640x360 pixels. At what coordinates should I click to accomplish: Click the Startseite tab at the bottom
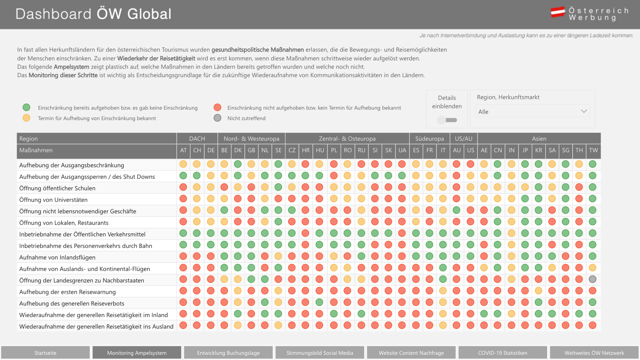45,353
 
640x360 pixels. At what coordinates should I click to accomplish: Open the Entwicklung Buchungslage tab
228,353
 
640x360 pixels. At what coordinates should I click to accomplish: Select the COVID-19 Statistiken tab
503,353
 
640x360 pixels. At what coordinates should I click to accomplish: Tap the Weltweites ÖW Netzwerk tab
594,353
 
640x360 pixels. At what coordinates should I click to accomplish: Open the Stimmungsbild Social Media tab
320,353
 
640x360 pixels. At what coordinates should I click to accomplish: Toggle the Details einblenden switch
447,120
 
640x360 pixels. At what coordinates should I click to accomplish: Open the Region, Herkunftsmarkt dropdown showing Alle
532,111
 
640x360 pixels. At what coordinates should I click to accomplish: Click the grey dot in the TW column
593,279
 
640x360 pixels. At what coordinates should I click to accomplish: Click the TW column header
594,150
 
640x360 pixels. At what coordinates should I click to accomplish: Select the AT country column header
183,150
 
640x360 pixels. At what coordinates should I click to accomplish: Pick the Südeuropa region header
429,139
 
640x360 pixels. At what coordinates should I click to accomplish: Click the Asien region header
539,139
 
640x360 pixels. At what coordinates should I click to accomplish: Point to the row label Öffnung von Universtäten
53,200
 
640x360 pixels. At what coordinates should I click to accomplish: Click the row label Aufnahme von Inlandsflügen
57,257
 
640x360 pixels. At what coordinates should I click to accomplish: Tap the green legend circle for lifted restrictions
27,107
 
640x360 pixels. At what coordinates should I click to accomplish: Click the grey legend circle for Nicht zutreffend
218,118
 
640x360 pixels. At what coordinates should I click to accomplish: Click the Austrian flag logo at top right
558,12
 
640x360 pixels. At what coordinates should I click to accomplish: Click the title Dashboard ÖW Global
94,14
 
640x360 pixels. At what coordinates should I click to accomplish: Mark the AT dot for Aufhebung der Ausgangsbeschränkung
183,164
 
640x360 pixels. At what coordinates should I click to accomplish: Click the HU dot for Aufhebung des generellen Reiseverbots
319,302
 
